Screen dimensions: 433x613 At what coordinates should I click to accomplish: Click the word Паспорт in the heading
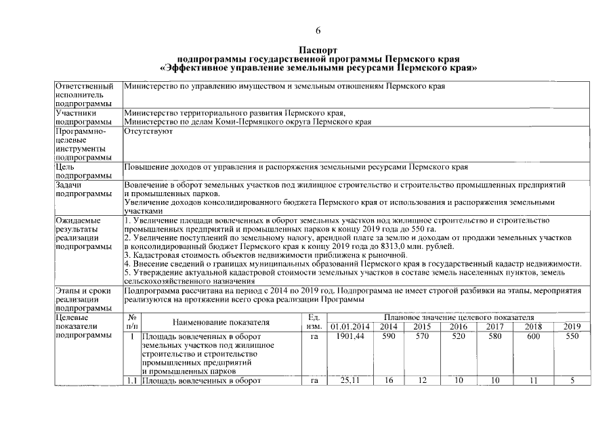pos(317,50)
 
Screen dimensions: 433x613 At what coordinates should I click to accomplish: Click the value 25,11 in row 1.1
pos(350,382)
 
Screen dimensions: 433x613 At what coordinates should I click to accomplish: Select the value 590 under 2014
pos(389,336)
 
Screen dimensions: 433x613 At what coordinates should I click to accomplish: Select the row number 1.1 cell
pos(132,382)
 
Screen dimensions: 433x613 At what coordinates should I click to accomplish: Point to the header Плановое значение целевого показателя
pos(459,317)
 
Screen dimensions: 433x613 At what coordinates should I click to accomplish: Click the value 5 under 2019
pos(572,382)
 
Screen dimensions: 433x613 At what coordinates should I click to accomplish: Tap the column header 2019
pos(572,327)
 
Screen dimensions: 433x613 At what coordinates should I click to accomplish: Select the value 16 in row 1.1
pos(389,382)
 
